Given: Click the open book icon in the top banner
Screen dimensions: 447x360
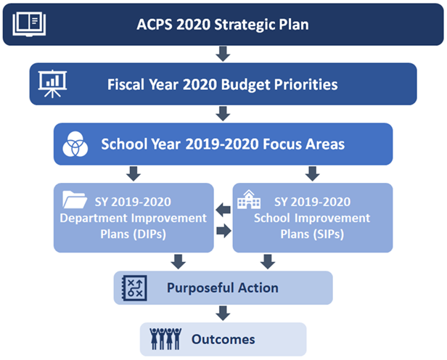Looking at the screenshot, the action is point(29,24).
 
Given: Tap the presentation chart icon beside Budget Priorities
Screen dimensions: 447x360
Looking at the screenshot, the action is point(52,83).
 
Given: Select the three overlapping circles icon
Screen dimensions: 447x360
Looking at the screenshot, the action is point(75,144).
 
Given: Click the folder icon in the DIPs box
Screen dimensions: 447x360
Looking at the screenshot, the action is point(75,200).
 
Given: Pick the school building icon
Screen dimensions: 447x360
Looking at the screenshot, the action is point(249,200).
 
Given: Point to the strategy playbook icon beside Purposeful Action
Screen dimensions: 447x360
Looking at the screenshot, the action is point(134,288).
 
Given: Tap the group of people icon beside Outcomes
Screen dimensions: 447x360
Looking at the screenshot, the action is point(165,339).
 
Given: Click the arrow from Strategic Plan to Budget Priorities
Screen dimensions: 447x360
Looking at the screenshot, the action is point(223,54).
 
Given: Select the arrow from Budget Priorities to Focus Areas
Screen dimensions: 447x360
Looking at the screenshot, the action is point(223,114).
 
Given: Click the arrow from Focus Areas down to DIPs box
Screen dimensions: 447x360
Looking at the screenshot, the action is point(134,173).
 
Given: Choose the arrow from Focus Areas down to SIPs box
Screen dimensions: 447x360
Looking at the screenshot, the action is point(313,173).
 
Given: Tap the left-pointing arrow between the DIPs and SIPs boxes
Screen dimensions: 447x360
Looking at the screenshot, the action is point(223,210).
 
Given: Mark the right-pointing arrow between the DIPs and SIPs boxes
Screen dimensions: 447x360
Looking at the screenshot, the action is point(223,230).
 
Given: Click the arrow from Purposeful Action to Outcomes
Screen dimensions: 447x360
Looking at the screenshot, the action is point(223,314).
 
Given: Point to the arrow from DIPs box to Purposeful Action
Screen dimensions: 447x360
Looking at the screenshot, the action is point(179,262).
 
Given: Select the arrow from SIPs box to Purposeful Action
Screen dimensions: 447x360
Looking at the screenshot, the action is point(268,262).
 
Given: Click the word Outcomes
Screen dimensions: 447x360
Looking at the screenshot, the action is point(223,339).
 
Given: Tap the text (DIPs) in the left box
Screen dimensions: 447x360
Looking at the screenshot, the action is point(149,234).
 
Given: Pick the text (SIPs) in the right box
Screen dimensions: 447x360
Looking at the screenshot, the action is point(329,234).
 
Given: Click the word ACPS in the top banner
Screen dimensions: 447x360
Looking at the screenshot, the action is point(155,24).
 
